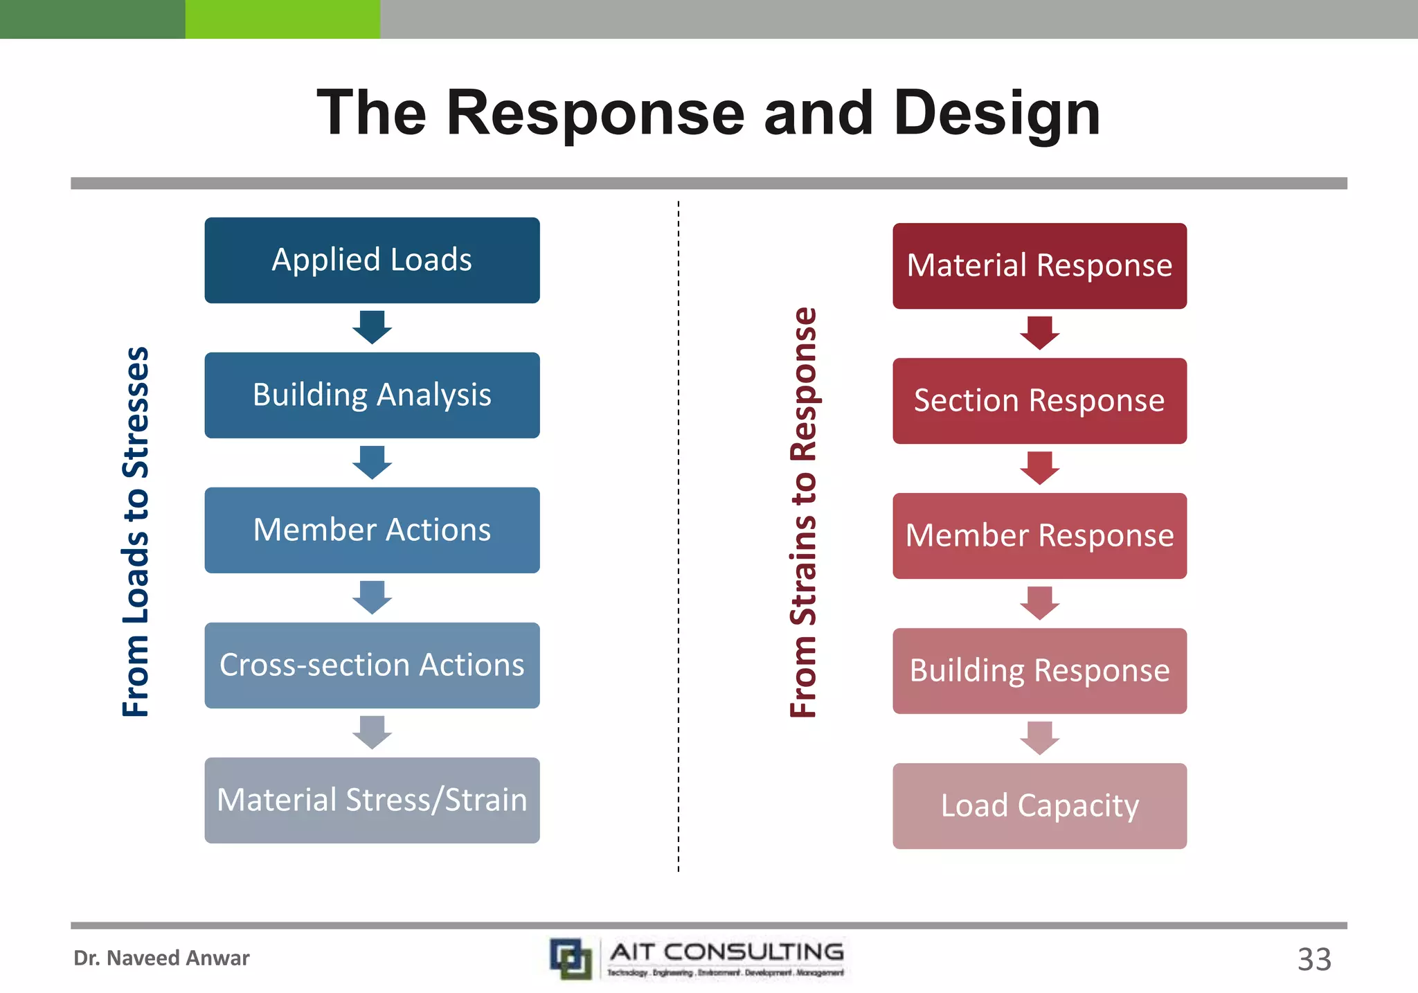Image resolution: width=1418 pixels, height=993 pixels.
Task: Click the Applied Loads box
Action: tap(372, 260)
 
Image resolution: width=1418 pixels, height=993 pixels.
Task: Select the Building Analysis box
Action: tap(372, 395)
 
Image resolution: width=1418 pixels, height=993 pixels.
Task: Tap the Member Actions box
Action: tap(372, 530)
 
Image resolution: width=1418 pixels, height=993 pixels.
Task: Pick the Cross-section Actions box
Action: tap(372, 665)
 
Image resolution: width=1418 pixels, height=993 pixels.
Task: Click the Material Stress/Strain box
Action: tap(372, 800)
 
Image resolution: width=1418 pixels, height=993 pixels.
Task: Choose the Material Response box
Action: tap(1039, 266)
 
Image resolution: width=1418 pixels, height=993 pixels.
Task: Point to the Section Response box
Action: tap(1039, 401)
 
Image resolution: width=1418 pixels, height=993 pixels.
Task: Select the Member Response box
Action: tap(1039, 536)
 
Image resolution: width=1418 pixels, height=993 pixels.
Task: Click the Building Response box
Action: tap(1039, 671)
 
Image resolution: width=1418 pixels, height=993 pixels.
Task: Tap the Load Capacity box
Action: tap(1039, 806)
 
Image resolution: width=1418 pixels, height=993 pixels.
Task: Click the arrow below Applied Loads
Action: tap(372, 327)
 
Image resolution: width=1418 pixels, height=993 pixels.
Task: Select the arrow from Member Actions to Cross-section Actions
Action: tap(372, 597)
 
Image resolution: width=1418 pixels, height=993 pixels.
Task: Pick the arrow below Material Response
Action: tap(1039, 332)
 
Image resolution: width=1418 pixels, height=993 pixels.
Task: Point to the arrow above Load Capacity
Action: tap(1039, 737)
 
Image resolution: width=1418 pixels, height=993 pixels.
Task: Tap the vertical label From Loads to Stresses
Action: tap(136, 532)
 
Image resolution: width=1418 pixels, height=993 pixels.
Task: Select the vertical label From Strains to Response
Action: tap(804, 512)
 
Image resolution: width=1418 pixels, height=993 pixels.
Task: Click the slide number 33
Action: tap(1313, 960)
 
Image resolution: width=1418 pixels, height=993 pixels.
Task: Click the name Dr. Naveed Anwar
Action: tap(161, 958)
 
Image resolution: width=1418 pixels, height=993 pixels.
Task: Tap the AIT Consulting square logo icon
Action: tap(571, 958)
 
